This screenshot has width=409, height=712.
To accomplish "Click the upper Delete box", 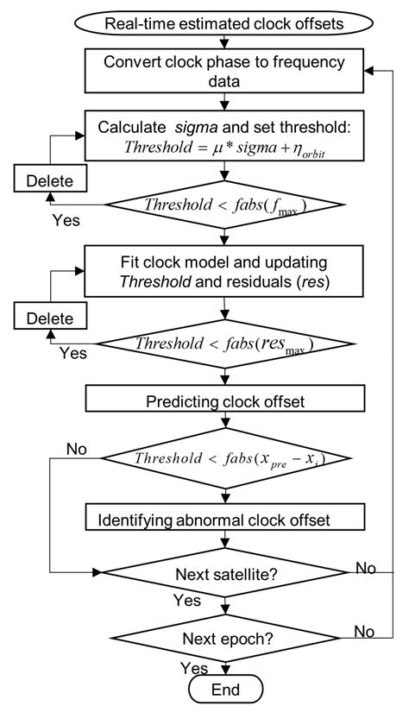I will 44,181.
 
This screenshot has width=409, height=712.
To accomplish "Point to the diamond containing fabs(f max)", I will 224,205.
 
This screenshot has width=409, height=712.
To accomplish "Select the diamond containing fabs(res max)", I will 224,343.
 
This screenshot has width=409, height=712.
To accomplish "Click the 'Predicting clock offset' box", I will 223,400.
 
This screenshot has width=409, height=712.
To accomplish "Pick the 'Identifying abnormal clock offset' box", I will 223,520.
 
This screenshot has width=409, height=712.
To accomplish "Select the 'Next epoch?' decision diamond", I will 224,640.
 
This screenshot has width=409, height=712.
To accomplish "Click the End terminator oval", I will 224,690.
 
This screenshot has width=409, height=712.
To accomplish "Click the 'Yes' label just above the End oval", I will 194,668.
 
